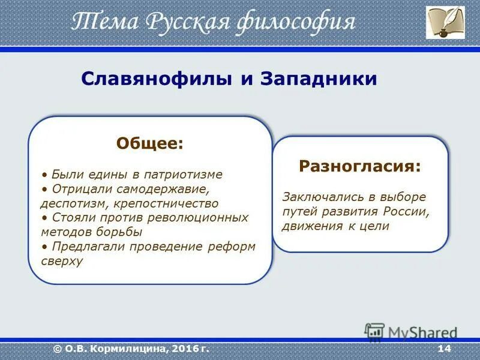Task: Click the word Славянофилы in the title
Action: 157,79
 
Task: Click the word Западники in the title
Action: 319,79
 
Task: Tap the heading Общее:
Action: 149,143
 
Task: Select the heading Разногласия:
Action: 361,166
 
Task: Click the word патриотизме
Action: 183,175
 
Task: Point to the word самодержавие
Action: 163,190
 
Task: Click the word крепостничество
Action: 166,204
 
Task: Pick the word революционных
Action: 198,218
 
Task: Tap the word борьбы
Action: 119,232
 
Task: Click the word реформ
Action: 232,247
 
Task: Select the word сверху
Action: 62,261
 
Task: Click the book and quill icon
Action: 445,22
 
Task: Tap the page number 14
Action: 444,349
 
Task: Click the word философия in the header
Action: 296,22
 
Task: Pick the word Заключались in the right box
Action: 323,197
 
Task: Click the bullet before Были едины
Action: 44,175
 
